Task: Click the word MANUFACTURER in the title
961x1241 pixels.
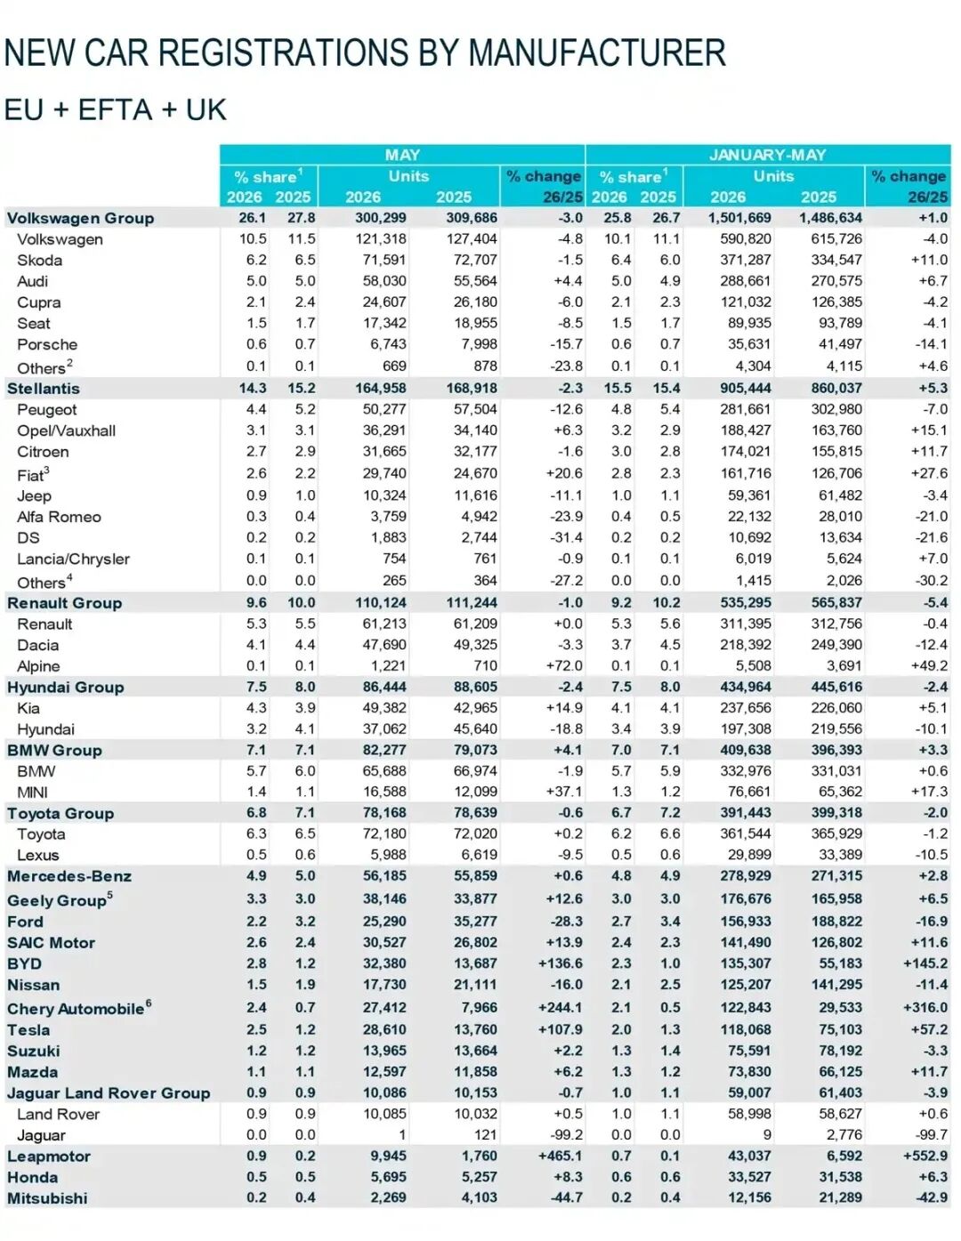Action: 596,52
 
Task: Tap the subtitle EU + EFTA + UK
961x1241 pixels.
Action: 116,109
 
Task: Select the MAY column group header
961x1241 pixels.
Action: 402,155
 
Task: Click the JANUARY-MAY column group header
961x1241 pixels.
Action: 767,155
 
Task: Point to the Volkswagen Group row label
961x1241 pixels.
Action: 80,218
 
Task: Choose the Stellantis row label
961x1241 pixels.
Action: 44,389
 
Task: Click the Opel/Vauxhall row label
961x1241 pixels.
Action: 66,431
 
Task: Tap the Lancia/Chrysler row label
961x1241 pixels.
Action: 73,559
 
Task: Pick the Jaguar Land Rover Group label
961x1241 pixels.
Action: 109,1092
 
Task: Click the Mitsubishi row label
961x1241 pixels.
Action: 47,1197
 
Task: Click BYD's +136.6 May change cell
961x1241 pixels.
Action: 561,963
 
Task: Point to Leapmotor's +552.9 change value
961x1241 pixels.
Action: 925,1156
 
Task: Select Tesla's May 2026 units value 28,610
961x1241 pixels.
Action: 384,1029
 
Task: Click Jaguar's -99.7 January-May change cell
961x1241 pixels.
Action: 932,1135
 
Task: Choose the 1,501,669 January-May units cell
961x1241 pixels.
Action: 739,218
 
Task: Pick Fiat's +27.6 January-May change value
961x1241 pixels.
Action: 929,473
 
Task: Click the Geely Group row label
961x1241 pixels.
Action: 60,899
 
